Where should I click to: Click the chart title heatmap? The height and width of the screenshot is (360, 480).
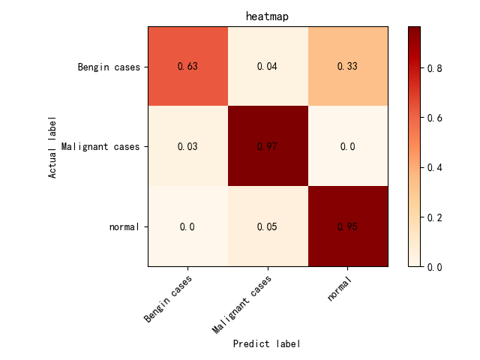click(x=267, y=16)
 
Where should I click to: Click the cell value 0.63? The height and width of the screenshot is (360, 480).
click(x=187, y=67)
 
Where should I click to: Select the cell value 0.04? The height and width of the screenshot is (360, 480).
click(x=268, y=67)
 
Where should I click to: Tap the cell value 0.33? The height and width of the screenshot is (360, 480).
click(x=347, y=67)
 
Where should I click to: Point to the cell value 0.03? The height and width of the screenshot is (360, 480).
click(x=187, y=146)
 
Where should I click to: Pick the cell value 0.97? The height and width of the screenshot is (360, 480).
click(x=268, y=146)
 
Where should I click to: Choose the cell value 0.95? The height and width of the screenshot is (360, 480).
click(x=347, y=226)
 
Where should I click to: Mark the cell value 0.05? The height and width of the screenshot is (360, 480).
click(x=268, y=226)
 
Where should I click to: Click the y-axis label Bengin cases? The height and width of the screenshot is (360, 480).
click(x=110, y=67)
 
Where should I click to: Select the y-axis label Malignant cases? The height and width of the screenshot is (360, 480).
click(x=101, y=147)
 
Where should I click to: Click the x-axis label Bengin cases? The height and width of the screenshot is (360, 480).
click(x=169, y=298)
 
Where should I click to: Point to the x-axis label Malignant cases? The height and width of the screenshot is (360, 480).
click(x=241, y=304)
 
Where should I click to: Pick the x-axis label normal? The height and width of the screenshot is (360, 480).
click(x=340, y=289)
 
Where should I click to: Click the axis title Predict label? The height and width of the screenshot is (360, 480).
click(x=267, y=343)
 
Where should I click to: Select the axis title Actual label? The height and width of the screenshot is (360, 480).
click(x=52, y=147)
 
